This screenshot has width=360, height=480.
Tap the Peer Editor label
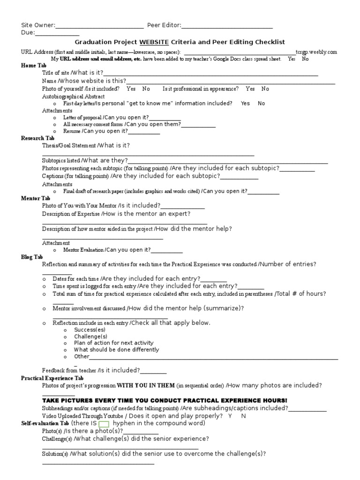click(164, 25)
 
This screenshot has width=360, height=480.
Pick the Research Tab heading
click(37, 138)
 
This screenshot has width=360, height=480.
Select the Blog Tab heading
click(32, 257)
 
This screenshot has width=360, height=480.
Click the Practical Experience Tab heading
click(52, 378)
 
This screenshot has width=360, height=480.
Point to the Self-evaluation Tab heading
click(45, 423)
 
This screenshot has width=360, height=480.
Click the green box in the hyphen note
click(104, 424)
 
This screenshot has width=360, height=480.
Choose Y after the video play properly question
click(230, 416)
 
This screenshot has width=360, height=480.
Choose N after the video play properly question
click(244, 416)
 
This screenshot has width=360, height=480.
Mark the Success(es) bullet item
click(90, 330)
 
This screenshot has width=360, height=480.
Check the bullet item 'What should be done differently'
click(116, 349)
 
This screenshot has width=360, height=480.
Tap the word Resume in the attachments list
click(72, 131)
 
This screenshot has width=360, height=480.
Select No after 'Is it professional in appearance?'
click(265, 89)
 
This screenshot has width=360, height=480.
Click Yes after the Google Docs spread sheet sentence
click(292, 59)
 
